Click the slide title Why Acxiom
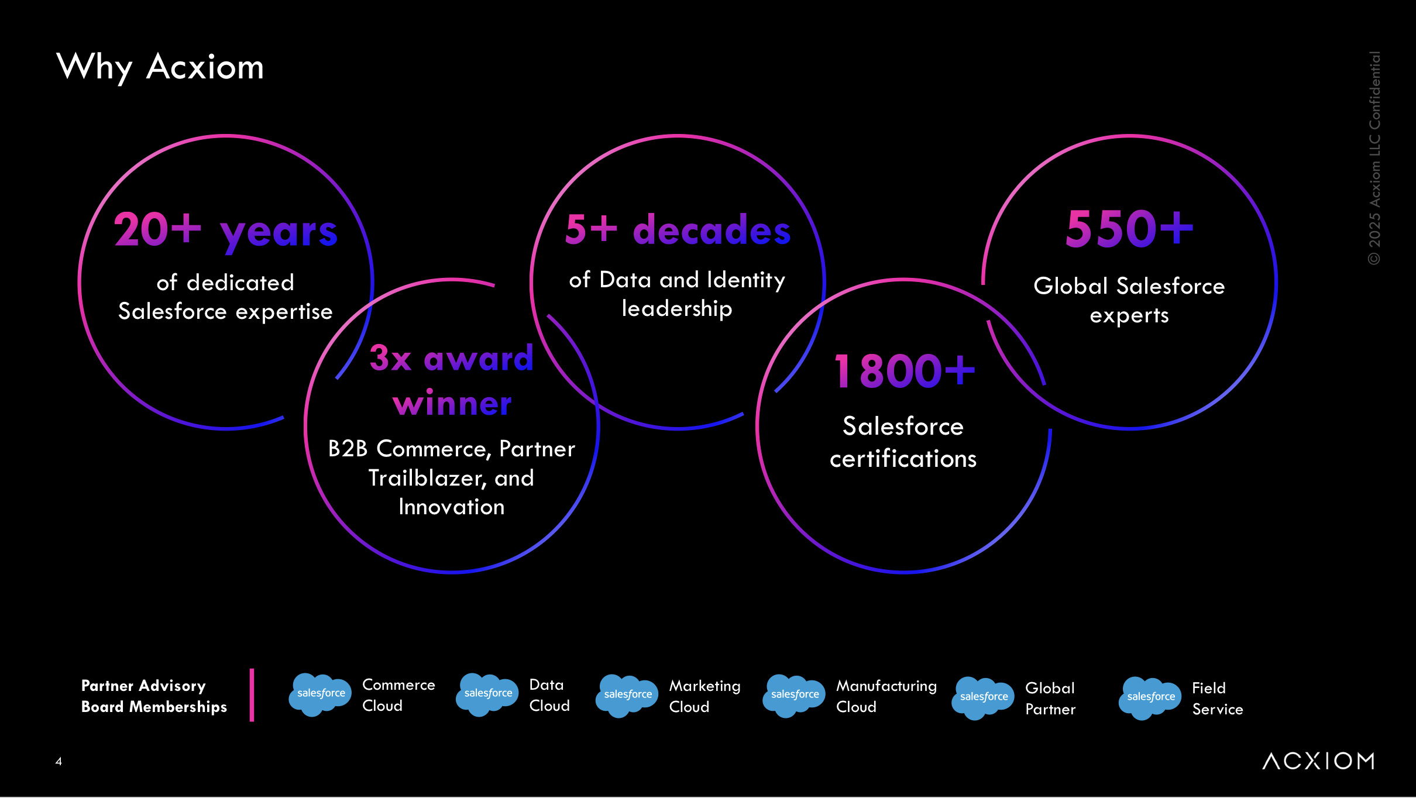pyautogui.click(x=160, y=67)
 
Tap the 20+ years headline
pyautogui.click(x=225, y=230)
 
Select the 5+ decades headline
pyautogui.click(x=678, y=229)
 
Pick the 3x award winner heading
pyautogui.click(x=452, y=380)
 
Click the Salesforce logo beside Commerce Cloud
pyautogui.click(x=320, y=694)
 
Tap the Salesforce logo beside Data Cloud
pyautogui.click(x=487, y=694)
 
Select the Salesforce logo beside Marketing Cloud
pyautogui.click(x=627, y=696)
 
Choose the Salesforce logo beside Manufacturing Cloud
pyautogui.click(x=794, y=696)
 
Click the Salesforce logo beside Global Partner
pyautogui.click(x=983, y=698)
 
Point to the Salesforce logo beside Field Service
pyautogui.click(x=1150, y=698)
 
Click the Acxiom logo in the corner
pyautogui.click(x=1318, y=761)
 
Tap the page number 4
pyautogui.click(x=59, y=761)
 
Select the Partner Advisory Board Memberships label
pyautogui.click(x=154, y=696)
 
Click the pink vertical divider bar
pyautogui.click(x=252, y=695)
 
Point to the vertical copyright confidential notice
pyautogui.click(x=1374, y=158)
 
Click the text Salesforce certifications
pyautogui.click(x=903, y=442)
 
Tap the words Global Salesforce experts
pyautogui.click(x=1129, y=300)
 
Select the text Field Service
pyautogui.click(x=1217, y=699)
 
